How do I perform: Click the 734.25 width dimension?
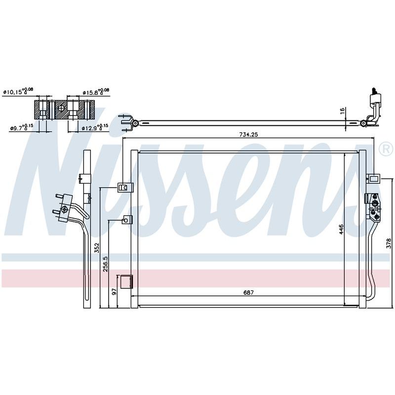pyautogui.click(x=248, y=134)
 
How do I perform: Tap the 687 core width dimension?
pyautogui.click(x=248, y=292)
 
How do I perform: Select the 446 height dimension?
pyautogui.click(x=341, y=229)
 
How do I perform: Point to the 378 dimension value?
pyautogui.click(x=389, y=243)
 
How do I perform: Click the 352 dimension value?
pyautogui.click(x=97, y=248)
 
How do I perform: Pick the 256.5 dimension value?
pyautogui.click(x=105, y=264)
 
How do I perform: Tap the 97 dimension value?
pyautogui.click(x=115, y=292)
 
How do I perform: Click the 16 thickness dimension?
pyautogui.click(x=342, y=111)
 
